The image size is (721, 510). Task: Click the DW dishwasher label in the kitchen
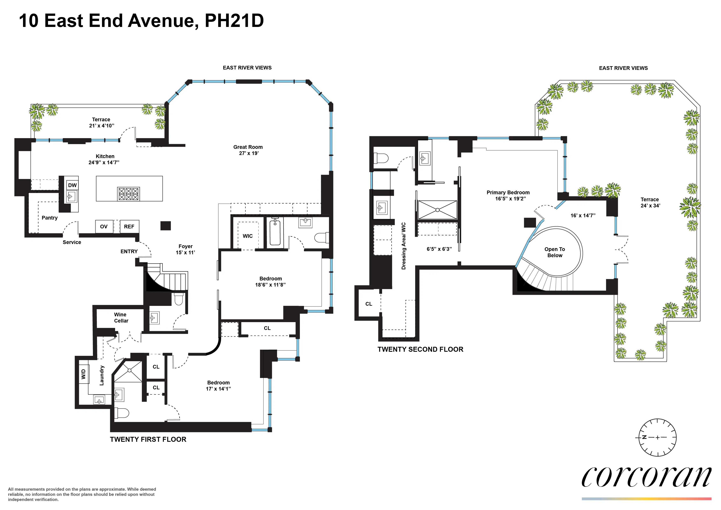(x=72, y=185)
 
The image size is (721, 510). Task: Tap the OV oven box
(x=104, y=226)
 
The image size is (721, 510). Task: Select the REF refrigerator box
(x=129, y=226)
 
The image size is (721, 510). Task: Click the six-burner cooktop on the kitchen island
(x=128, y=194)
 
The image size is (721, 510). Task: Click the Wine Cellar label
(x=121, y=318)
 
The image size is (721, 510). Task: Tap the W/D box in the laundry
(x=83, y=374)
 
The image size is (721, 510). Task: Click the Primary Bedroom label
(x=508, y=192)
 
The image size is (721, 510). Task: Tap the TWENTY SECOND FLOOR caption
(x=420, y=349)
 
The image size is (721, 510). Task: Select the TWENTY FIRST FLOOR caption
(x=148, y=439)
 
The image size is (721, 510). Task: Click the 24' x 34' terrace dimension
(x=650, y=206)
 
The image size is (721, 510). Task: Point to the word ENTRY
(x=129, y=252)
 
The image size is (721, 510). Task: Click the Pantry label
(x=50, y=218)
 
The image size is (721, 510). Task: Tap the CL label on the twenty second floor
(x=369, y=304)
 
